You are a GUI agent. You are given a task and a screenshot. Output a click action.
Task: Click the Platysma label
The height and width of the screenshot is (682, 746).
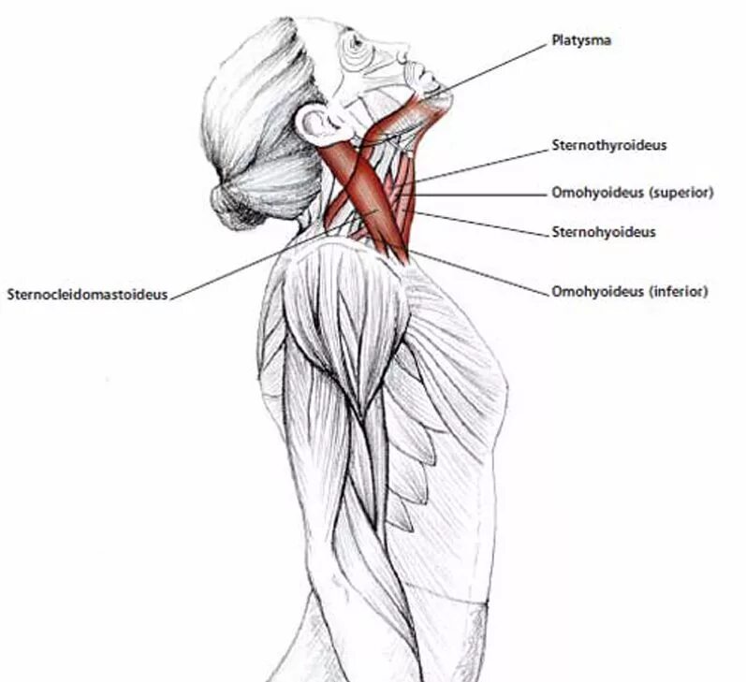pyautogui.click(x=579, y=41)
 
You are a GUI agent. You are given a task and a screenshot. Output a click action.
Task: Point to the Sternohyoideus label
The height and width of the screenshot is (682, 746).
pyautogui.click(x=603, y=231)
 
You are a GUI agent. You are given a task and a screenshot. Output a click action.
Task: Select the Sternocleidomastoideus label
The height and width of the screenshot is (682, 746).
pyautogui.click(x=87, y=294)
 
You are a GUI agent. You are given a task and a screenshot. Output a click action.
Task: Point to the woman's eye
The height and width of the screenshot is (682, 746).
pyautogui.click(x=354, y=41)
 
